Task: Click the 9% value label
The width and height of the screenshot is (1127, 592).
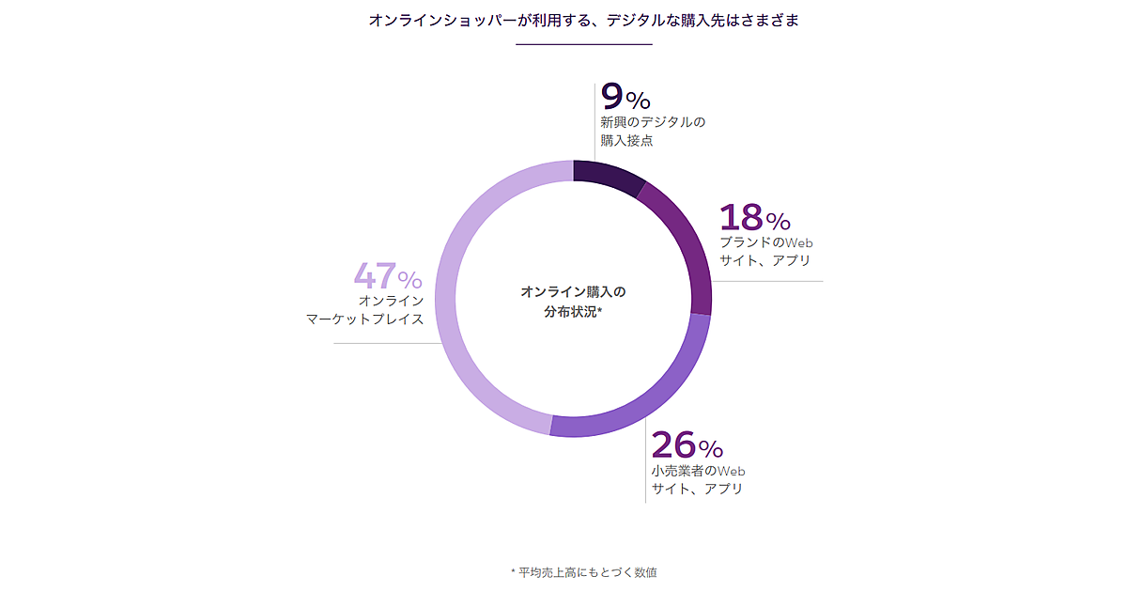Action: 625,98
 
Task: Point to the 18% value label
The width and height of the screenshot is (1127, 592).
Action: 755,219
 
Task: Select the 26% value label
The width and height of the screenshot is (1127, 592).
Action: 687,445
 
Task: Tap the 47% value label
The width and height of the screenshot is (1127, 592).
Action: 388,277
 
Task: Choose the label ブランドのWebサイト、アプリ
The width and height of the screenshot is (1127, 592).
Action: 766,251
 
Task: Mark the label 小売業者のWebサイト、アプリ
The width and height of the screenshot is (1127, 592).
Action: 698,479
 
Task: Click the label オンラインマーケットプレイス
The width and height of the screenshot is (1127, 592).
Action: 366,310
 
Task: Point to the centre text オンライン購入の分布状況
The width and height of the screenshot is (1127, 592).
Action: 573,302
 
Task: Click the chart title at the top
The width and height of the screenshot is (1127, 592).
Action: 583,20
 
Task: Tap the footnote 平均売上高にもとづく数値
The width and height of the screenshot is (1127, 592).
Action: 583,571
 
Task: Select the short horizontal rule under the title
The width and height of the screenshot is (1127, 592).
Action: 583,44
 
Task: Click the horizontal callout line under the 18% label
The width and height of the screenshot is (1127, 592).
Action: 770,280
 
